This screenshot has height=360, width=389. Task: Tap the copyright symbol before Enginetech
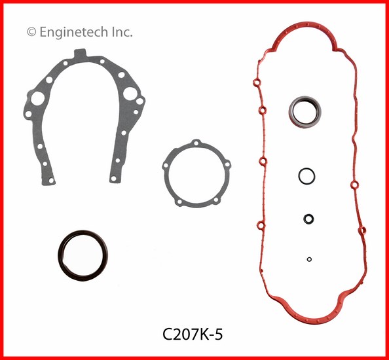click(30, 31)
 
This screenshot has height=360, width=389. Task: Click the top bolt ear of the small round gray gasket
click(194, 142)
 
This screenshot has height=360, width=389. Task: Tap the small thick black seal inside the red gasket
click(307, 219)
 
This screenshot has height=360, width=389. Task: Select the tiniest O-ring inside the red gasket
click(309, 259)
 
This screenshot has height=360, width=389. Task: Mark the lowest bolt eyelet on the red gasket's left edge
click(261, 226)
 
